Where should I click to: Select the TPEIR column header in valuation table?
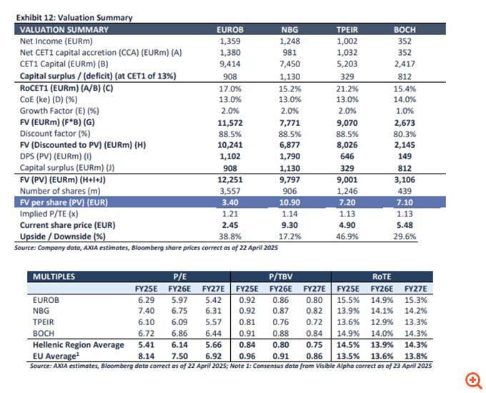click(347, 29)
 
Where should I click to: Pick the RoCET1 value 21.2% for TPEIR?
click(347, 88)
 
